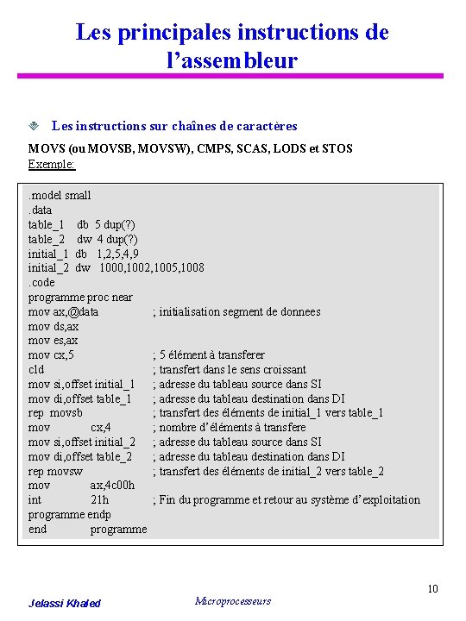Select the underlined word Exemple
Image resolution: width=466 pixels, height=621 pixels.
tap(51, 164)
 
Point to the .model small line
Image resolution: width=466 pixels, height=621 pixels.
tap(60, 196)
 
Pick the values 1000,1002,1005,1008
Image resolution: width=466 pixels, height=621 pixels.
tap(152, 267)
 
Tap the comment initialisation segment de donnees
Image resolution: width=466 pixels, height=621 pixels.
tap(236, 311)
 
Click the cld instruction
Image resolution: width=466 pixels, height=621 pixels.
tap(36, 369)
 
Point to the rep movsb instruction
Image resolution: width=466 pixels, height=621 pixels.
tap(55, 413)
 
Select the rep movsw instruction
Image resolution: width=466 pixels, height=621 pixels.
tap(56, 471)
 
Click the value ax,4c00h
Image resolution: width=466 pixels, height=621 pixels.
tap(112, 486)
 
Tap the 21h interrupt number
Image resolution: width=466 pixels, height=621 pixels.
tap(99, 500)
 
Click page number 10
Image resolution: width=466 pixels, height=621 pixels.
tap(433, 589)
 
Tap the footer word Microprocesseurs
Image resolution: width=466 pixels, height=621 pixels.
tap(233, 601)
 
